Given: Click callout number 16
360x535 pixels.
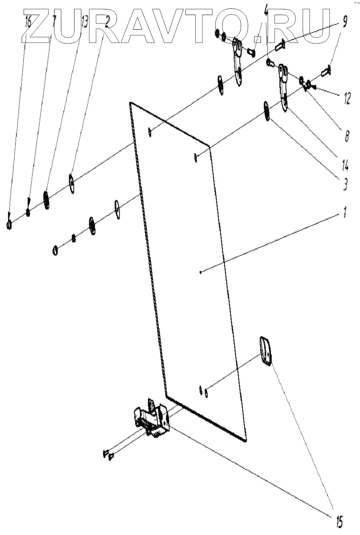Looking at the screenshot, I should [28, 21].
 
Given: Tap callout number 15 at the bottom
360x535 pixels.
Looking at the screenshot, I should [338, 523].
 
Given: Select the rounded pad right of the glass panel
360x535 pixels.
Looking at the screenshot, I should [265, 351].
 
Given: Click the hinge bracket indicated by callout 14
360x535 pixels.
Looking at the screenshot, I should [284, 86].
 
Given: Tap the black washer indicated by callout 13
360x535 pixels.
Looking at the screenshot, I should [47, 199].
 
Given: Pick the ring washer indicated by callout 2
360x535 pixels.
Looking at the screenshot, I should [72, 183].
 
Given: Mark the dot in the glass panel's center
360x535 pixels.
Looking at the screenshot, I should [200, 273].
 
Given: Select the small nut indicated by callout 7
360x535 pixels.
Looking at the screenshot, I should [28, 211].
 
